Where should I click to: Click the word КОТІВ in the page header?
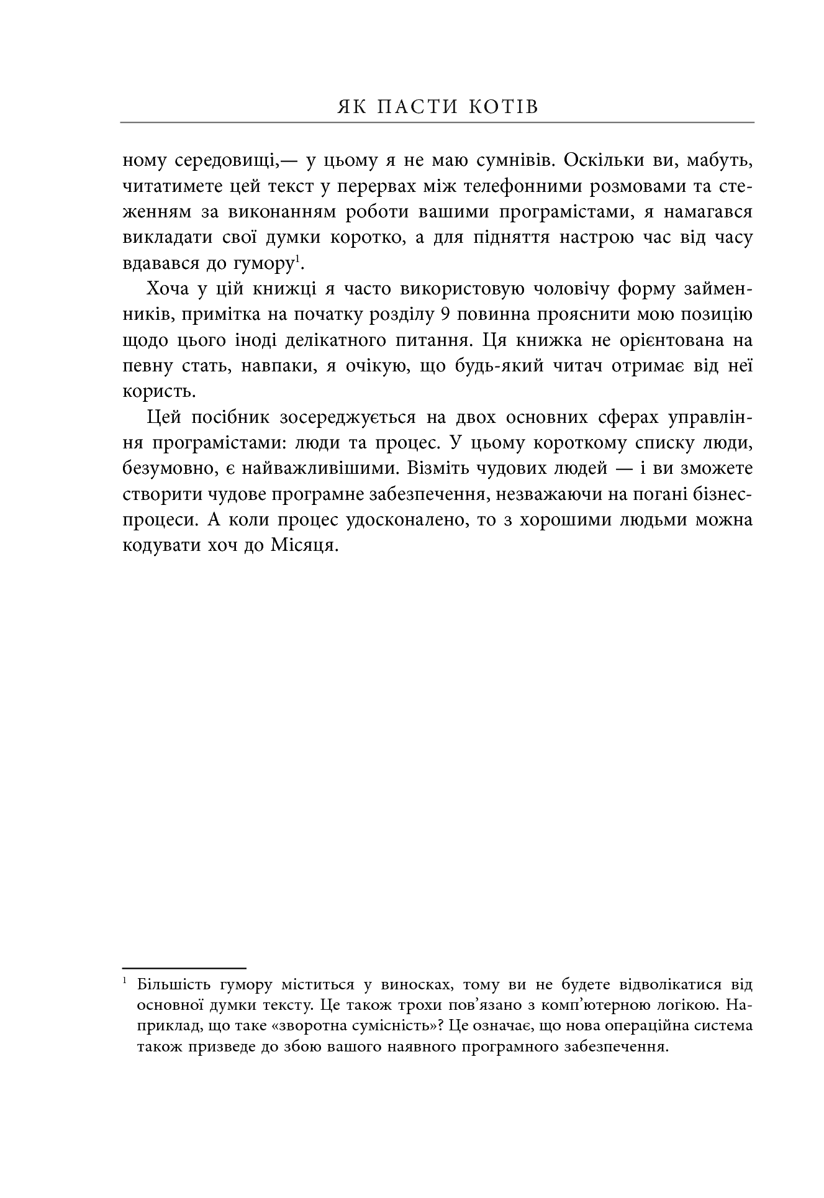click(x=504, y=107)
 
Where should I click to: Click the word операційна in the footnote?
click(x=644, y=1025)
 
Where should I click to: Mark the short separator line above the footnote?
click(x=184, y=968)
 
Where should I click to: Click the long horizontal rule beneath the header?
click(x=437, y=122)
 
